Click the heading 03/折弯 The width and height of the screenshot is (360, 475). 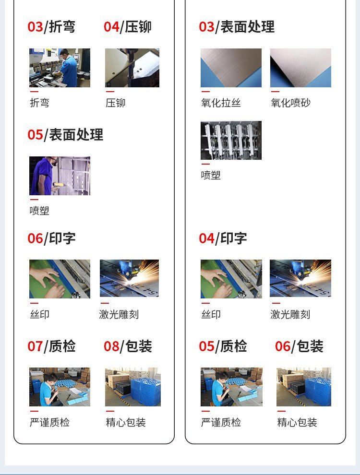point(51,27)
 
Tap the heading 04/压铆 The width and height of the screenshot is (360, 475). point(127,27)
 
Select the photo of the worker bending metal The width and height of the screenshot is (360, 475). point(60,68)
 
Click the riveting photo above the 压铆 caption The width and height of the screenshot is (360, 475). point(132,68)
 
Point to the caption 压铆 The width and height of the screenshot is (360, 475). point(116,103)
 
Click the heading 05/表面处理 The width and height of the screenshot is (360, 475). point(65,134)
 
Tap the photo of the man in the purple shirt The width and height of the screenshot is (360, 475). point(60,176)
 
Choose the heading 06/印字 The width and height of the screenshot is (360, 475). point(51,238)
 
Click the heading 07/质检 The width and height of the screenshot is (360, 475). point(51,346)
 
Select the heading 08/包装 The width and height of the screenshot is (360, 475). point(128,346)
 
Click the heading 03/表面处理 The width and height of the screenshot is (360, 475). point(237,27)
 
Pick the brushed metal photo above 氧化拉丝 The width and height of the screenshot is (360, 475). point(231,68)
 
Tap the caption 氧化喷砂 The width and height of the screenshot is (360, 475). point(290,103)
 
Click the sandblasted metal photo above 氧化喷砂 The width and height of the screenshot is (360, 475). point(300,68)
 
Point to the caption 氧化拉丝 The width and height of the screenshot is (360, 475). point(221,103)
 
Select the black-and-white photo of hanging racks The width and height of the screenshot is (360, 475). point(231,140)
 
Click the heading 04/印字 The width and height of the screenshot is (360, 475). point(223,238)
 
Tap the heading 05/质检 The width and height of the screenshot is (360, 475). point(223,346)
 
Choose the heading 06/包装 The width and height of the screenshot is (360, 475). point(299,346)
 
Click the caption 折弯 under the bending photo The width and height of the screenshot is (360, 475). point(39,103)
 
